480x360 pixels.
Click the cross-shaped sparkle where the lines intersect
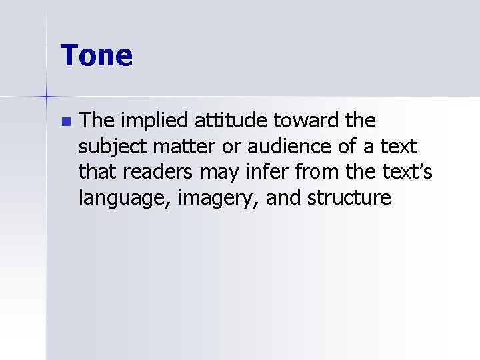click(47, 97)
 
